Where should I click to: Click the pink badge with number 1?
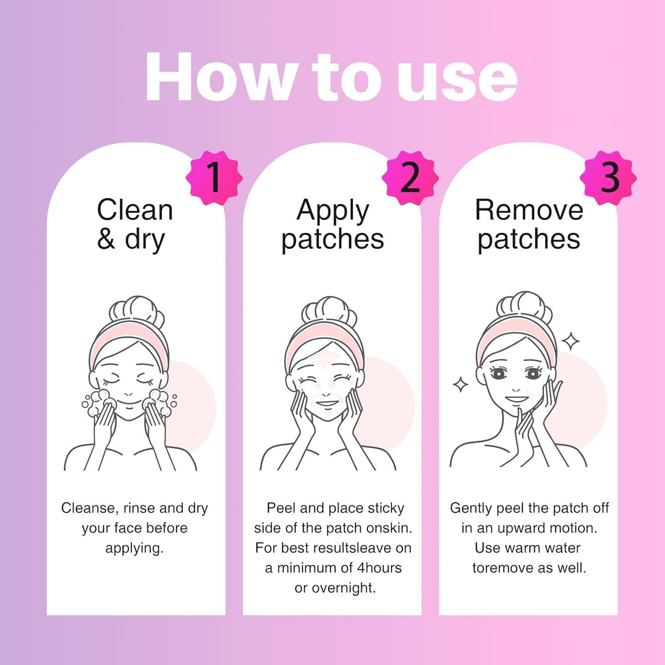point(214,178)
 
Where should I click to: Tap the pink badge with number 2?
point(410,178)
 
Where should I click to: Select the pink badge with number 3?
point(608,178)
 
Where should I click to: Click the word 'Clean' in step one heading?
point(135,210)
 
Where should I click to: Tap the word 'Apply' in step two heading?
point(332,212)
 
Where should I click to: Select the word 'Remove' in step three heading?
point(529,210)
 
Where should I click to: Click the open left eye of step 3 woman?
point(498,373)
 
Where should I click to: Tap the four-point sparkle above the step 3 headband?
point(570,341)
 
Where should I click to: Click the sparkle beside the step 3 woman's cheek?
point(461,385)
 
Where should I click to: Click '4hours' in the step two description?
point(380,568)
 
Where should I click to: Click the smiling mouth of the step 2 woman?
point(327,403)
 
